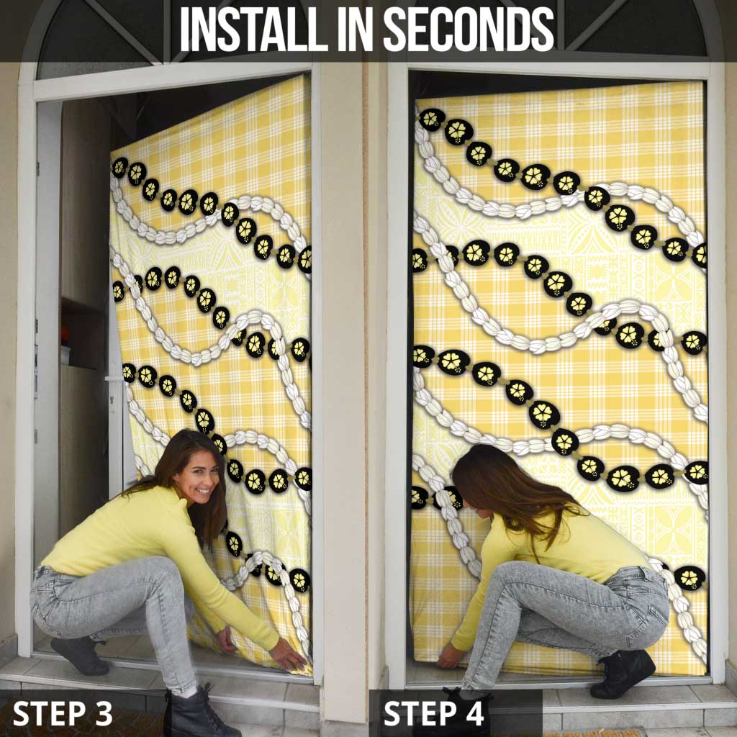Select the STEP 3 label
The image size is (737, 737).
coord(63,713)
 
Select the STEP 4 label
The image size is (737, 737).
coord(433,713)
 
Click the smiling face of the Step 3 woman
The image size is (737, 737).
coord(200,479)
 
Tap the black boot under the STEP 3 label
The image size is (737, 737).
coord(196,713)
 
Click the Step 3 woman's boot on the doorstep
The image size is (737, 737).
coord(79,655)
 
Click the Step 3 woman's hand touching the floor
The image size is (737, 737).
coord(288,655)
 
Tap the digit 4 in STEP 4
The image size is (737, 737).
coord(474,713)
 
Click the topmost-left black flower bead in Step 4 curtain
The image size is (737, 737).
coord(431,120)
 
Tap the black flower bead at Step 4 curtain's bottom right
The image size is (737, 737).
coord(689,578)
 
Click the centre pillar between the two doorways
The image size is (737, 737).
coord(342,376)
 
